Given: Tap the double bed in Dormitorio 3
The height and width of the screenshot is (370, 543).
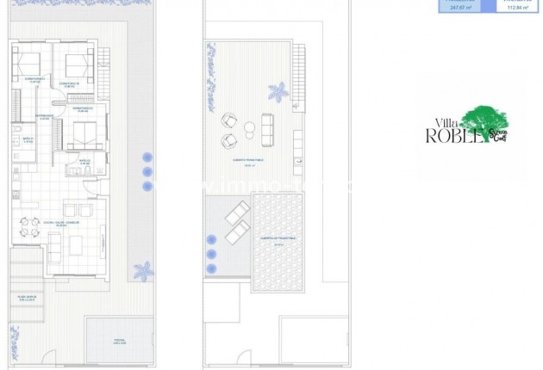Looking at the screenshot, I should (x=85, y=135).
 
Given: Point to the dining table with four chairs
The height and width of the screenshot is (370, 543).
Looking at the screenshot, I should (x=29, y=227).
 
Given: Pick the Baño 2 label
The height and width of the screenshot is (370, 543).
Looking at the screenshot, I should (x=27, y=139).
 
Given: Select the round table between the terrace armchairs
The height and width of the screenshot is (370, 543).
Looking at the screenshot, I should (x=249, y=129).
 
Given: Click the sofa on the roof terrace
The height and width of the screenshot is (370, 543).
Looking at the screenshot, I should (x=267, y=128).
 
